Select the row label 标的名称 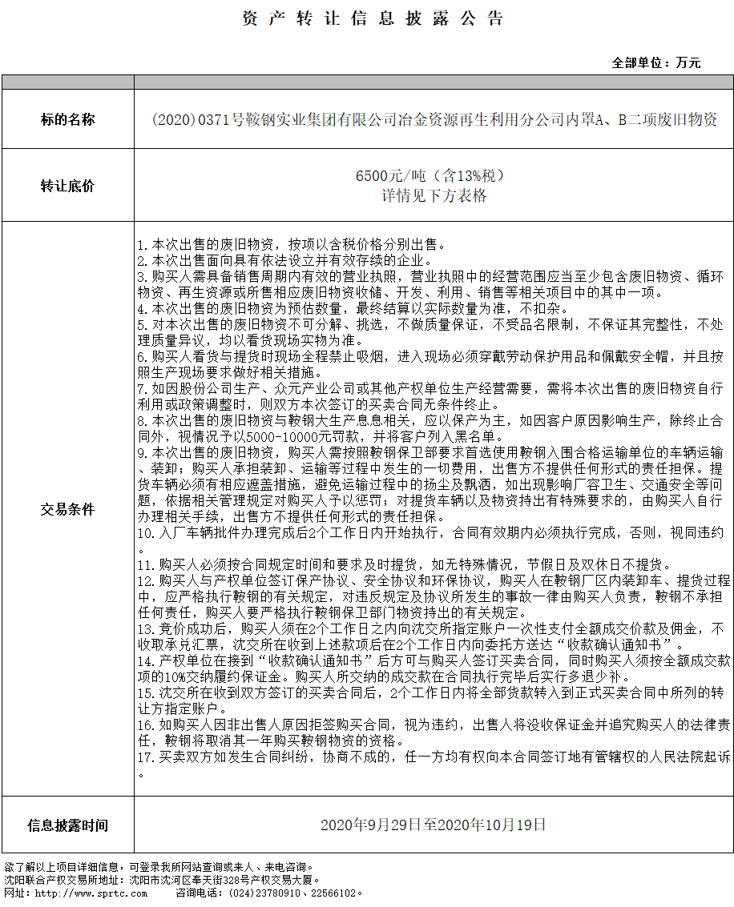(67, 120)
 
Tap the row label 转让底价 (67, 186)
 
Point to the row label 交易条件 (67, 509)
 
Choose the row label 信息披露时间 (67, 825)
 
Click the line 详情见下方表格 (434, 195)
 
